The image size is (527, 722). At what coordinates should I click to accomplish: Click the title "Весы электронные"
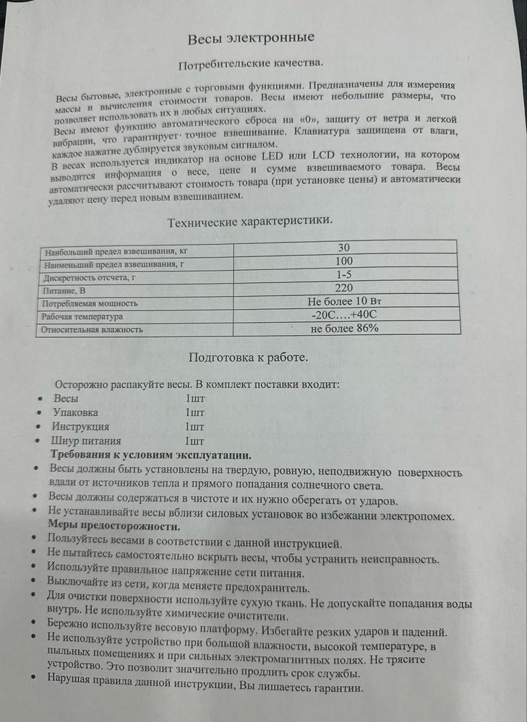pos(251,38)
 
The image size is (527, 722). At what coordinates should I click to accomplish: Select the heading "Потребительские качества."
pos(251,65)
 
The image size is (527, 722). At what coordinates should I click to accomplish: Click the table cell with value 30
pos(345,248)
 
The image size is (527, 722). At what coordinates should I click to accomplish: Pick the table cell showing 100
pos(345,261)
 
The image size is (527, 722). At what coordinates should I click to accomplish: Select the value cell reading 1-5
pos(345,274)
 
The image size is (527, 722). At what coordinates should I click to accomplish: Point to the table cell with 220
pos(345,287)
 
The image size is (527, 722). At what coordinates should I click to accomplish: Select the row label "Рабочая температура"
pos(84,317)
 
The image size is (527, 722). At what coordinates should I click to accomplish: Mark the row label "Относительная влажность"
pos(93,330)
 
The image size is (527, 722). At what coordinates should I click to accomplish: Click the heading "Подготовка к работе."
pos(248,357)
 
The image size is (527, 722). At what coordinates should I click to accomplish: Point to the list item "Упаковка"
pos(76,412)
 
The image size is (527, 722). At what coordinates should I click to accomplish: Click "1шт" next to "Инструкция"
pos(195,426)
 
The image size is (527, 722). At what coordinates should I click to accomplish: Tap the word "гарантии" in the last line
pos(332,688)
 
